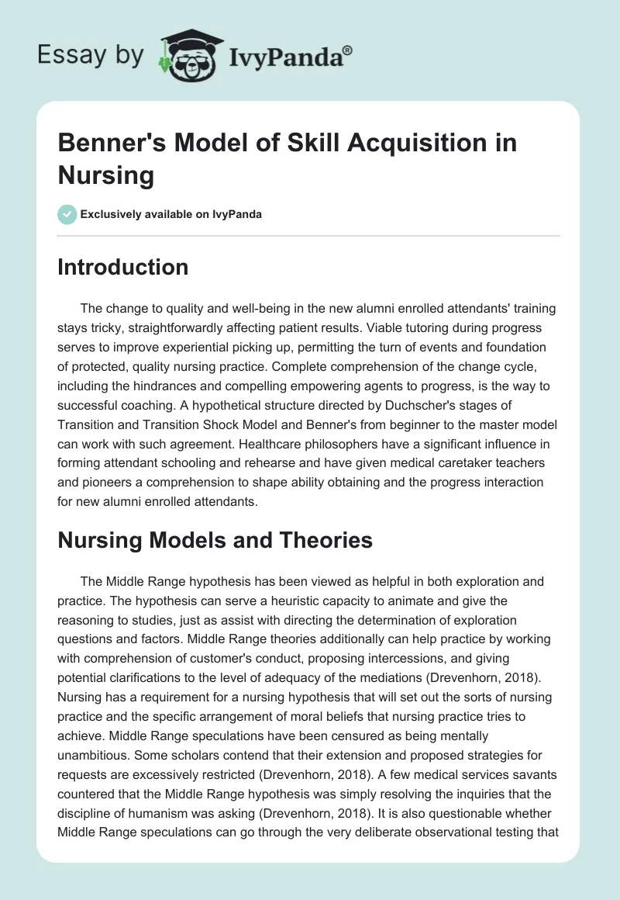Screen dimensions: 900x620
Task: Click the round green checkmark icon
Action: click(67, 214)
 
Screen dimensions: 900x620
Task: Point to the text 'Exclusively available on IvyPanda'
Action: click(170, 214)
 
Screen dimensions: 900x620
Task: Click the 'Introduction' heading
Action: click(123, 268)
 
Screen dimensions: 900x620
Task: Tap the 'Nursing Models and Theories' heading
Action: click(215, 540)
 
